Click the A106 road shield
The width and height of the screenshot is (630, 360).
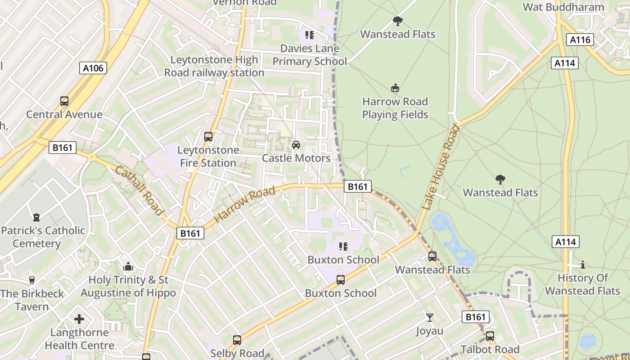point(94,68)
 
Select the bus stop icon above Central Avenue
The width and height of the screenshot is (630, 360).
point(64,101)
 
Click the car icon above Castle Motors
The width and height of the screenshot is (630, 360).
point(296,144)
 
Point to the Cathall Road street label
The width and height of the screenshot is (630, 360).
point(139,190)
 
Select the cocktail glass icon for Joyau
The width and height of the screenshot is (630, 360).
point(430,318)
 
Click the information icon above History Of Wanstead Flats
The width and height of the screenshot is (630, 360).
point(583,265)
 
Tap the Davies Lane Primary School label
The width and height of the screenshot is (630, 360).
point(310,55)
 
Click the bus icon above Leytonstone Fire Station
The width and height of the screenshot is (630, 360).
point(208,137)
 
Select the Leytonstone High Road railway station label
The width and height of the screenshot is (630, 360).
point(214,66)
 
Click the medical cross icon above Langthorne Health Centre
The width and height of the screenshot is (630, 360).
point(79,319)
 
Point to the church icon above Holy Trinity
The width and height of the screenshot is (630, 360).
point(128,267)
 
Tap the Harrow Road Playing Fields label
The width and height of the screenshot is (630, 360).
point(395,108)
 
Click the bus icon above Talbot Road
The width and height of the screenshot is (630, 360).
point(490,336)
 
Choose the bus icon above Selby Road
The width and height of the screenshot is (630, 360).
point(237,340)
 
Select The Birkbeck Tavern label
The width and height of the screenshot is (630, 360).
point(32,300)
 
